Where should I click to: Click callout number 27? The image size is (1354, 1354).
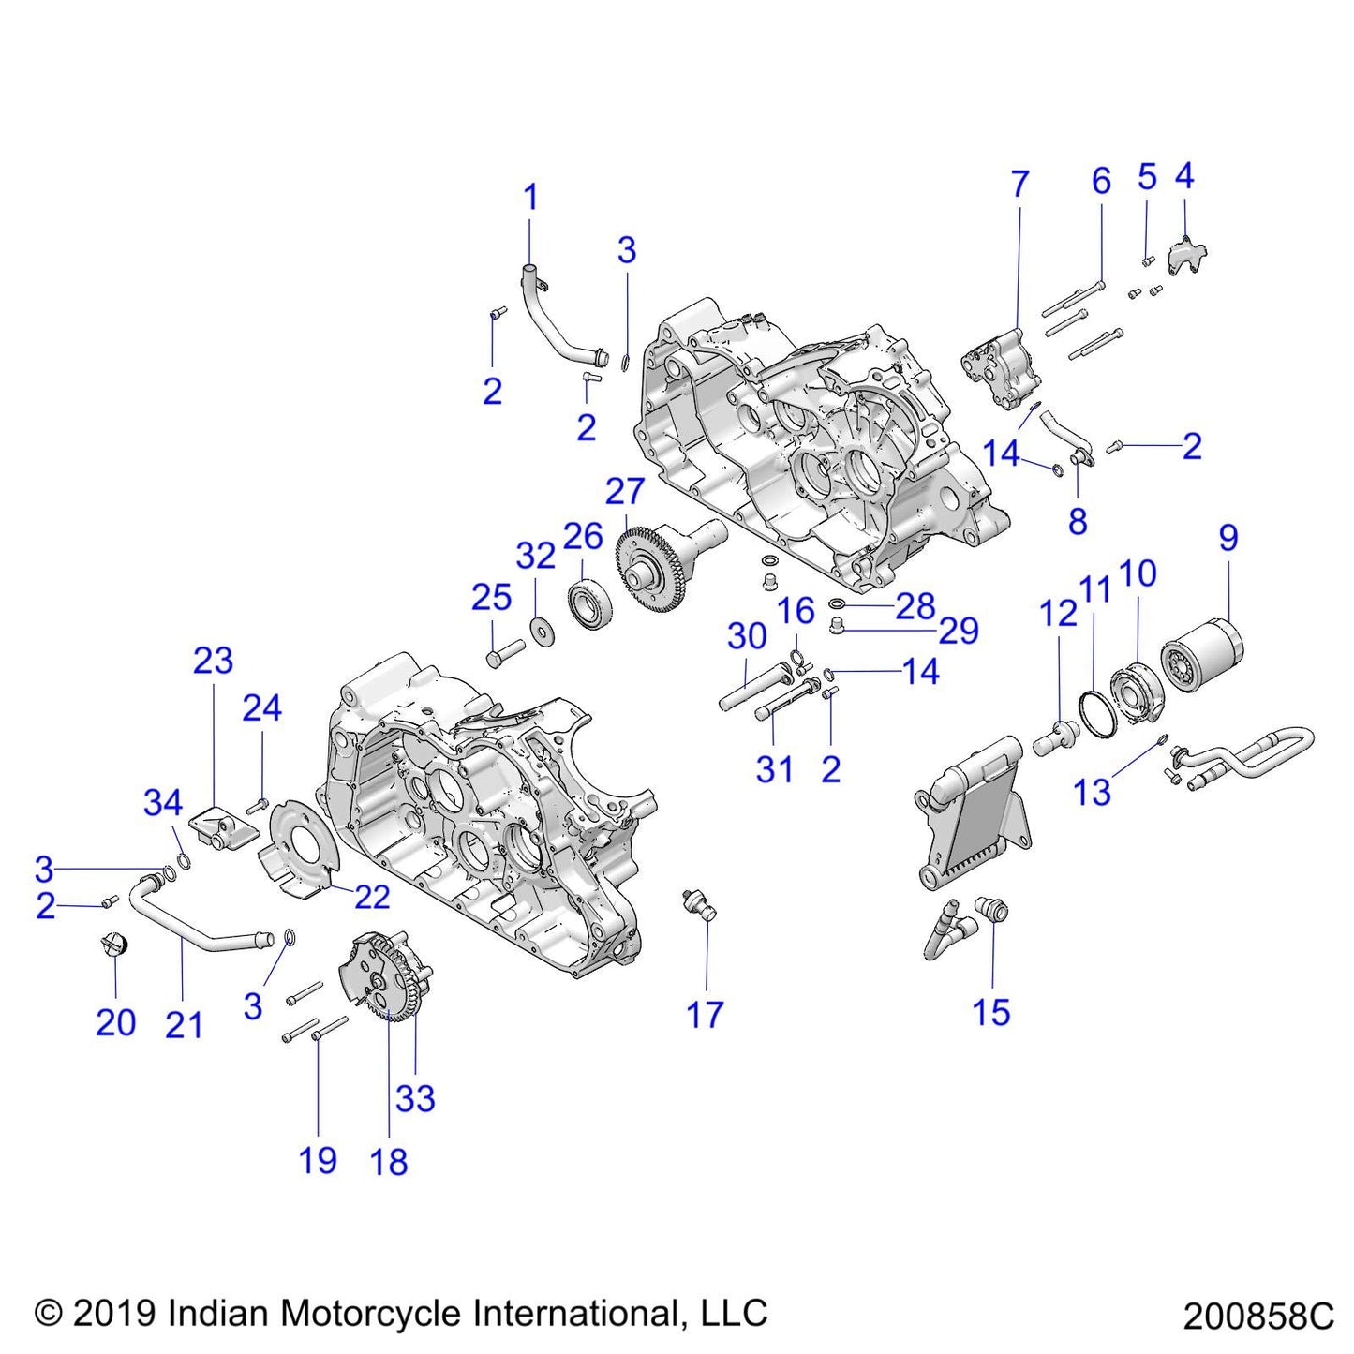(625, 491)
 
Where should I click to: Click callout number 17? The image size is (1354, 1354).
(705, 1015)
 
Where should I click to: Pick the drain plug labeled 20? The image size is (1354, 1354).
(113, 945)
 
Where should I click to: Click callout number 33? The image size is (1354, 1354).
(415, 1098)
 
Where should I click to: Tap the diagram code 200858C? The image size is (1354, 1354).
(1257, 1317)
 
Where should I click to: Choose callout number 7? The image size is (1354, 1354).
(1019, 185)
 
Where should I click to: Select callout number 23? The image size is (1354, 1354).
(213, 662)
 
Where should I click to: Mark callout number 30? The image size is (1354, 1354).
(747, 637)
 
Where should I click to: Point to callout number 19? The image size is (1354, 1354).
(318, 1161)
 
